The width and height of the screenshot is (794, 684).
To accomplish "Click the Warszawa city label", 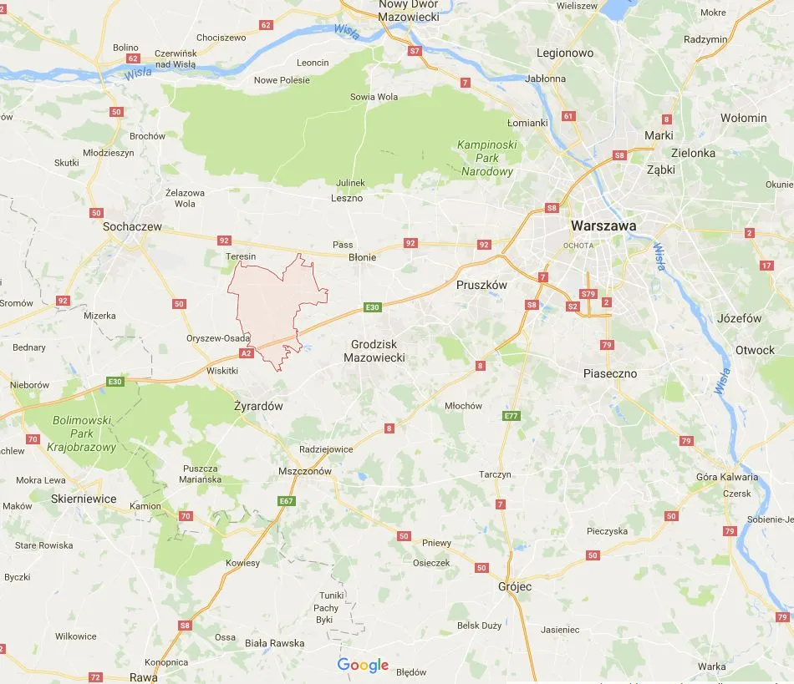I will (603, 226).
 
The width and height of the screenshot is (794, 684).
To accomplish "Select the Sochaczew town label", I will (132, 226).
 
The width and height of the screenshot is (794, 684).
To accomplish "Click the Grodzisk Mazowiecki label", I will (374, 351).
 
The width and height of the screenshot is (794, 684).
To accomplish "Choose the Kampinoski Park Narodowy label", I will (487, 158).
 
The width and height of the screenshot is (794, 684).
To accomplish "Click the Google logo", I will (363, 666).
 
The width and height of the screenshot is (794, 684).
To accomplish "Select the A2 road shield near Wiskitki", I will (246, 353).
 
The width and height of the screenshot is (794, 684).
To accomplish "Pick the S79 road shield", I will (588, 294).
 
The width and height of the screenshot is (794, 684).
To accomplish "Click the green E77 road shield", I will (512, 416).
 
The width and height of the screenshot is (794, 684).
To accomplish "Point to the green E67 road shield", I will (287, 501).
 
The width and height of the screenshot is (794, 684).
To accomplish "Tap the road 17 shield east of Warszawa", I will (766, 266).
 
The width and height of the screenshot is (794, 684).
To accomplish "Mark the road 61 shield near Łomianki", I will (569, 116).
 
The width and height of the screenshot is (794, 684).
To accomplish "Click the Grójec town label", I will (514, 586).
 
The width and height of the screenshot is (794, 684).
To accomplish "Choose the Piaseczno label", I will (610, 373).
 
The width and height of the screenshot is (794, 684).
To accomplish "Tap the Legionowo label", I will (565, 53).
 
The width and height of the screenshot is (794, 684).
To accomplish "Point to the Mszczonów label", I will (305, 471).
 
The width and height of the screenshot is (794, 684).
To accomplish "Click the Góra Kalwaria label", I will (727, 477).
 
